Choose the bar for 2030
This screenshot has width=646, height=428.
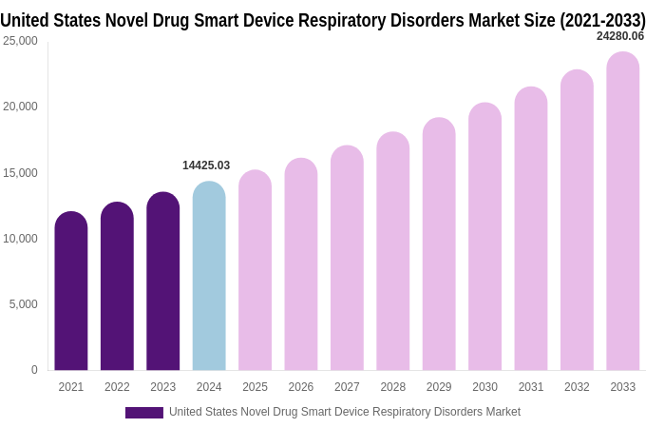(x=484, y=237)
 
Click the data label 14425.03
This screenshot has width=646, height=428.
(x=206, y=165)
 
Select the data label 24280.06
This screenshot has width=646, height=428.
(x=619, y=36)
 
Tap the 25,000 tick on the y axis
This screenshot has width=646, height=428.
(x=20, y=41)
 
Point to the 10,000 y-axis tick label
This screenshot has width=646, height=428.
(x=20, y=239)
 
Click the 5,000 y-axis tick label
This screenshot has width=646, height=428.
(x=23, y=304)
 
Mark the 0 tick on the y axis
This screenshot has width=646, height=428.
(x=34, y=370)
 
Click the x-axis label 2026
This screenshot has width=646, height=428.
(x=301, y=387)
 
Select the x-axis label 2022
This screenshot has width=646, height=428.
(x=117, y=387)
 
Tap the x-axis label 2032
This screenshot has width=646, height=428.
(x=577, y=387)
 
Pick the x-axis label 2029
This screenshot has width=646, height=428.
(x=439, y=387)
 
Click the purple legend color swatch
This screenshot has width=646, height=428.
(x=144, y=413)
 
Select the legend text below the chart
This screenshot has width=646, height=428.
(x=345, y=412)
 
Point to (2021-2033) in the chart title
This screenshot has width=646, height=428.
(x=602, y=20)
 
